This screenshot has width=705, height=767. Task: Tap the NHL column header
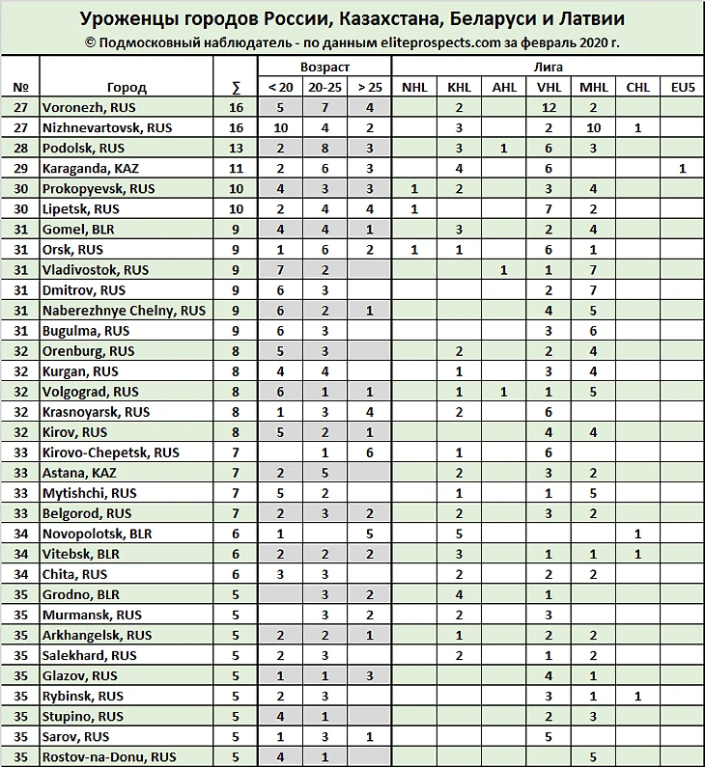413,87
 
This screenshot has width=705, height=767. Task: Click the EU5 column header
682,87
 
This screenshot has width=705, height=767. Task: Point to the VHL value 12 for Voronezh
549,107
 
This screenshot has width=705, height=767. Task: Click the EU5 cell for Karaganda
682,168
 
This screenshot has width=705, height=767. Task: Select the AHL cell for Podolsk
504,148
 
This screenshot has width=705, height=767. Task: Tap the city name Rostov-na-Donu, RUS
109,756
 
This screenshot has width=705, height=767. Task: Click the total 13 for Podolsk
236,148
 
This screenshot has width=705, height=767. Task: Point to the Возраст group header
324,68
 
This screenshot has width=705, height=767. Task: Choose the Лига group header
548,68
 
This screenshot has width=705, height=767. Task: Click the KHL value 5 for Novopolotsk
459,534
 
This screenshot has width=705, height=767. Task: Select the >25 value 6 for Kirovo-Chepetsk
370,452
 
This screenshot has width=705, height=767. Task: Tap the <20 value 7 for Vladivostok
279,270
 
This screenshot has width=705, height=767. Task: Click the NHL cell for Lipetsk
413,208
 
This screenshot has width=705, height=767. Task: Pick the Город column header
127,87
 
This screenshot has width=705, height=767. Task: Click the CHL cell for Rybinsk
637,696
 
